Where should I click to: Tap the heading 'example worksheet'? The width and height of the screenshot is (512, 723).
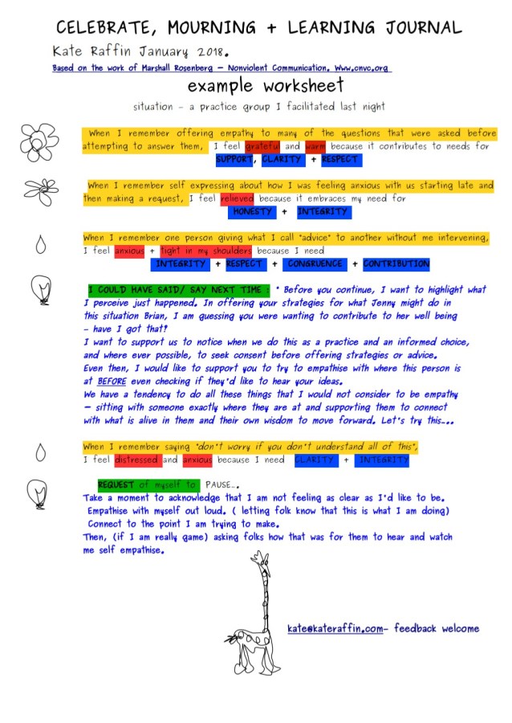[266, 86]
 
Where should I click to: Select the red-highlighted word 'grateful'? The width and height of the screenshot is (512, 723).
[262, 147]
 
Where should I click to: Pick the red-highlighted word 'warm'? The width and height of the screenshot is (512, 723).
[315, 147]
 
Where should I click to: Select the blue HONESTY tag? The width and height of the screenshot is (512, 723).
[252, 212]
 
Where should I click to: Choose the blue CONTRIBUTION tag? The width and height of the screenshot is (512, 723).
[396, 263]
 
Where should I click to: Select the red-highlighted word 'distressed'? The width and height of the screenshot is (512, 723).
[136, 460]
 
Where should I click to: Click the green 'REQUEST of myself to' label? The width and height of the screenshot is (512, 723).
[147, 485]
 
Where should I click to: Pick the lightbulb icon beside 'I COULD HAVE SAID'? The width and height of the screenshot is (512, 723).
[39, 288]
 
